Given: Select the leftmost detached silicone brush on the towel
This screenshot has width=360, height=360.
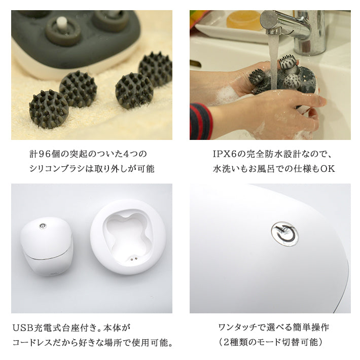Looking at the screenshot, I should (x=48, y=108).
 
